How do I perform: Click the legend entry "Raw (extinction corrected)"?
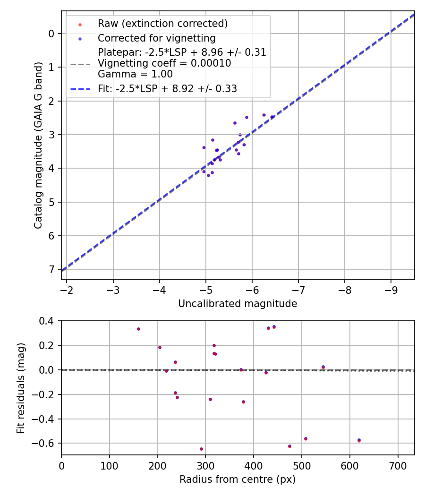click(162, 24)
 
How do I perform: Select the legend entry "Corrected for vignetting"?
click(156, 38)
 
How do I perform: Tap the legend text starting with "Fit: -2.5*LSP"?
click(167, 88)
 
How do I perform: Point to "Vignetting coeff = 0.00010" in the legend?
click(164, 63)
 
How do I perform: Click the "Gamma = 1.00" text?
click(135, 74)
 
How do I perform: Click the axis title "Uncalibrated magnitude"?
click(238, 304)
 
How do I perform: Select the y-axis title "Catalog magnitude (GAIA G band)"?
click(39, 145)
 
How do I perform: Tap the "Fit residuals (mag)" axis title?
click(20, 388)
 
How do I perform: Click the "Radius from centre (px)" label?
click(238, 479)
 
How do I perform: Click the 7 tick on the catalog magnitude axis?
click(51, 269)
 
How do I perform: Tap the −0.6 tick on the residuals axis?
click(46, 444)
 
